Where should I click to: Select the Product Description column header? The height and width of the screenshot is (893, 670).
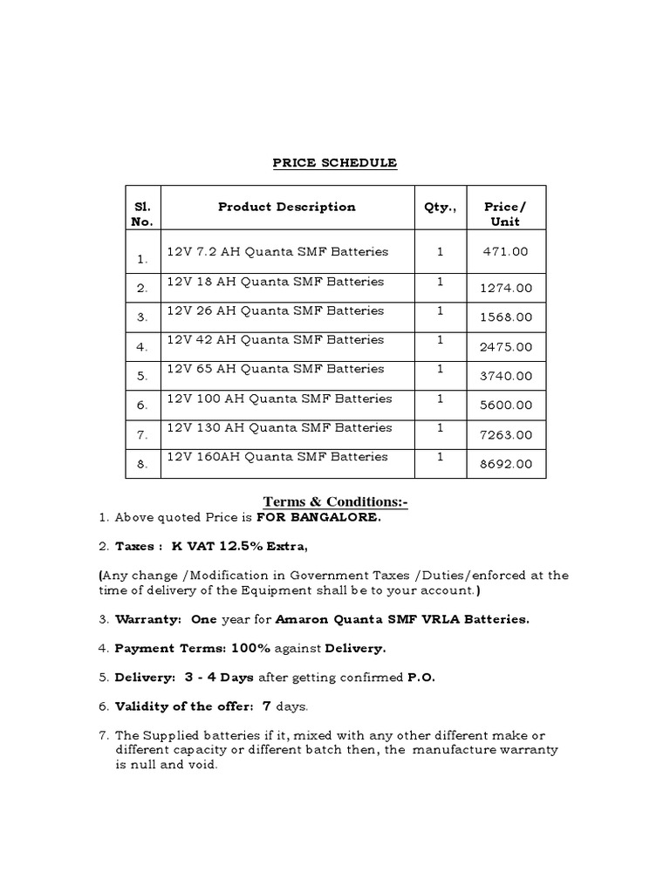(x=286, y=207)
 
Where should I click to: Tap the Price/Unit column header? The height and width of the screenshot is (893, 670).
(x=506, y=214)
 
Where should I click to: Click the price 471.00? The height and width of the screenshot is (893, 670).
(x=506, y=252)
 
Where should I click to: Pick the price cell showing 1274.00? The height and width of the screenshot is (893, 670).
(x=506, y=288)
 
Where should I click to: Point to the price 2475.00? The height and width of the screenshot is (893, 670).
(x=506, y=346)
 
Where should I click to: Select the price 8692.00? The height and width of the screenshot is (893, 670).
(x=506, y=464)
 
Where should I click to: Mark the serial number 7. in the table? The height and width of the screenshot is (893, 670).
(x=142, y=435)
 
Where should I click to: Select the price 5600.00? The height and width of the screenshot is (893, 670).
(x=506, y=406)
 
